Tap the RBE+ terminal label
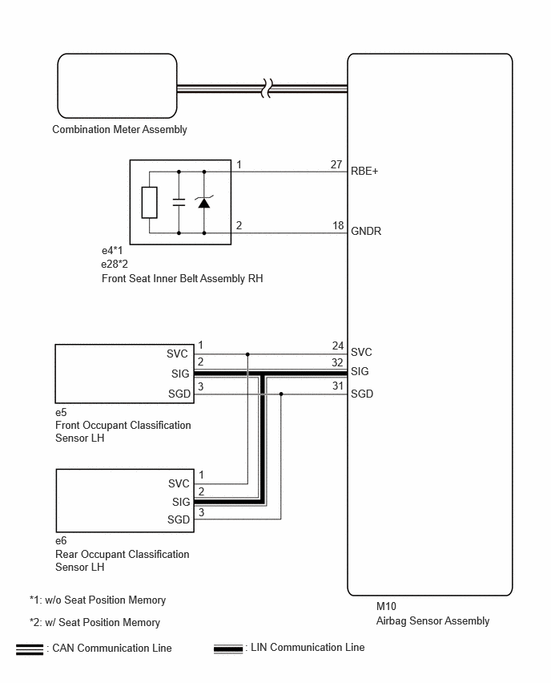pyautogui.click(x=364, y=172)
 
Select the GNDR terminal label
pyautogui.click(x=365, y=231)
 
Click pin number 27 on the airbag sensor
pyautogui.click(x=336, y=164)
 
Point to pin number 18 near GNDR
pyautogui.click(x=338, y=225)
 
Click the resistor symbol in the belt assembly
pyautogui.click(x=149, y=203)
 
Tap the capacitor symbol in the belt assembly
pyautogui.click(x=179, y=202)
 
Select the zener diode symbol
pyautogui.click(x=204, y=202)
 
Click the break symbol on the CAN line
pyautogui.click(x=267, y=88)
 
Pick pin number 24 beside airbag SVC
pyautogui.click(x=338, y=346)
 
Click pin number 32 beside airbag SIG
pyautogui.click(x=337, y=362)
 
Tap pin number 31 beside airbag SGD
pyautogui.click(x=338, y=386)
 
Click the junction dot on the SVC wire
pyautogui.click(x=247, y=354)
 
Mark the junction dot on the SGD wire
pyautogui.click(x=281, y=394)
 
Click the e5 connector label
pyautogui.click(x=61, y=412)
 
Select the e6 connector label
pyautogui.click(x=61, y=540)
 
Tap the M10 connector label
pyautogui.click(x=386, y=606)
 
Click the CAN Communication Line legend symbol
pyautogui.click(x=30, y=649)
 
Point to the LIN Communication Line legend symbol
pyautogui.click(x=228, y=649)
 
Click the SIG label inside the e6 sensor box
pyautogui.click(x=181, y=502)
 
